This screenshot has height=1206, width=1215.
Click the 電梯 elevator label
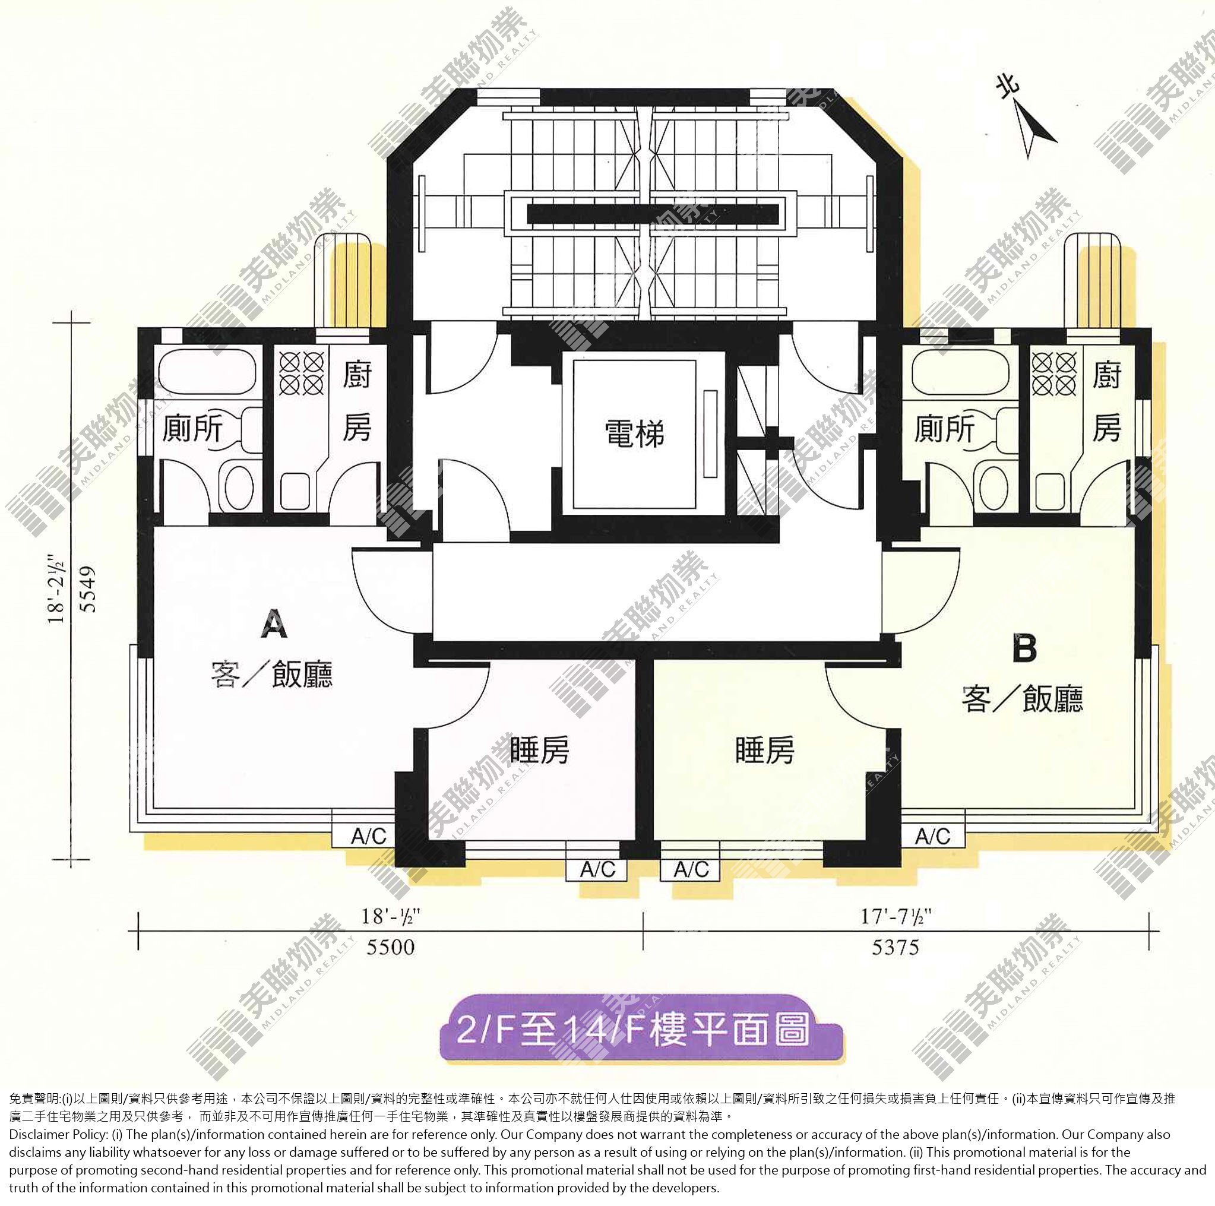[x=634, y=434]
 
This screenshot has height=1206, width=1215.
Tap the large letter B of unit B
[x=1024, y=649]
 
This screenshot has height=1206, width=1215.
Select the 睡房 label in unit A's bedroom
[x=540, y=749]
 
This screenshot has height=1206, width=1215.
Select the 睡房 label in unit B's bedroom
[x=765, y=749]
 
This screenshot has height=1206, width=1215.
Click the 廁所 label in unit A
[x=192, y=429]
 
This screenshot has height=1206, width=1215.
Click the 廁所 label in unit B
[x=944, y=429]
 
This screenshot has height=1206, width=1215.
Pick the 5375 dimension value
[x=896, y=947]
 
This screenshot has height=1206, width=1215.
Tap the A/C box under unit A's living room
[x=369, y=836]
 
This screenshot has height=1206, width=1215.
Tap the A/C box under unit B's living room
[x=933, y=835]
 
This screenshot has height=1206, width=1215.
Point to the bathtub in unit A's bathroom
[x=207, y=373]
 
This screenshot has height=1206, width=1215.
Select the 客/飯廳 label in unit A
[x=271, y=675]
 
